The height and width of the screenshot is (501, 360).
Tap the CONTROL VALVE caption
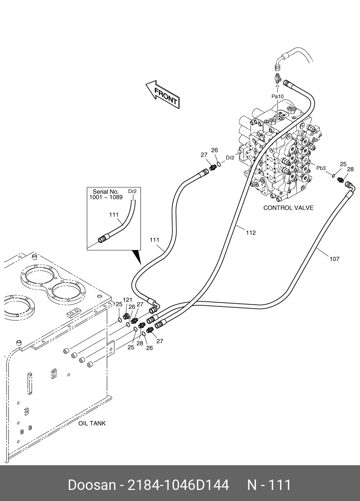[288, 208]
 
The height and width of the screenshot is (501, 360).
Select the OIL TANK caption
[92, 423]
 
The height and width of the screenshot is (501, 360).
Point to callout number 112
[250, 233]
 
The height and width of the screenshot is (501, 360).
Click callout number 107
[334, 259]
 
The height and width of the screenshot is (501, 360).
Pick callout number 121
[128, 300]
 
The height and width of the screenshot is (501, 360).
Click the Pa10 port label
[277, 96]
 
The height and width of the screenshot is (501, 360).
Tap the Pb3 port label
[321, 168]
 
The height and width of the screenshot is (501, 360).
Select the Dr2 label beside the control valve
[230, 158]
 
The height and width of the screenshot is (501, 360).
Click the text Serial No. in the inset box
[106, 192]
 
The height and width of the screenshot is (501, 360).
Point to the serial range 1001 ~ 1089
[106, 197]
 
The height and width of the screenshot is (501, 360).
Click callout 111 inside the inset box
[114, 215]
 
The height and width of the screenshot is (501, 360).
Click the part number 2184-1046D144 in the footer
[178, 485]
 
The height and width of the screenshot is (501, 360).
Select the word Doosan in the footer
[92, 485]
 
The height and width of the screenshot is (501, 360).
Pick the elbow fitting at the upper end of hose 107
[350, 186]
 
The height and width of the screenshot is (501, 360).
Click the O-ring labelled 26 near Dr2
[219, 164]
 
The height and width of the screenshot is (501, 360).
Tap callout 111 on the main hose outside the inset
[154, 240]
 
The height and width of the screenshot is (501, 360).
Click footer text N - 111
[269, 485]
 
